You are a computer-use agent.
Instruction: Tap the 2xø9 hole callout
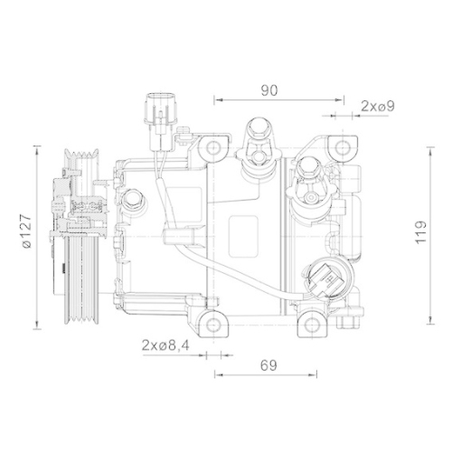pos(376,107)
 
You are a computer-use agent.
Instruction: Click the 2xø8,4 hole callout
pos(165,344)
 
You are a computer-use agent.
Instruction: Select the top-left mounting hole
pos(213,146)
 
